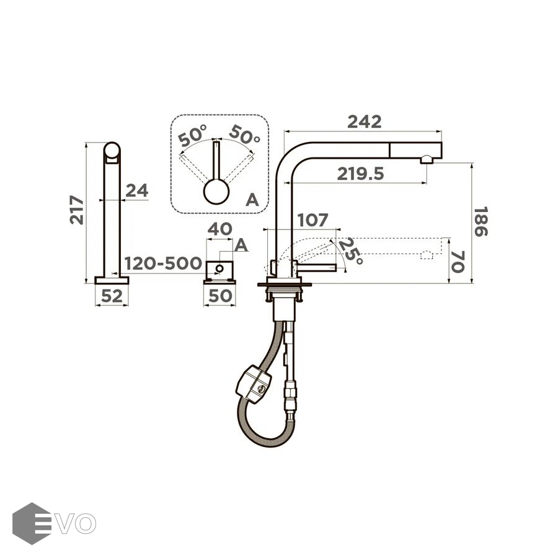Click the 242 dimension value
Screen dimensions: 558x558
[364, 122]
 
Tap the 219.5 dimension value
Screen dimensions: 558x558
[360, 174]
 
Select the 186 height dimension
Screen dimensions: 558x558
[480, 222]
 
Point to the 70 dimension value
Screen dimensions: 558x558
[458, 262]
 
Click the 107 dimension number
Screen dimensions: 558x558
[312, 220]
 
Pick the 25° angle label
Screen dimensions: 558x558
[350, 251]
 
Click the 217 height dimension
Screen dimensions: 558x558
[77, 210]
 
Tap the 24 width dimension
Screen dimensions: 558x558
[137, 191]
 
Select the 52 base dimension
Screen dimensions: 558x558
[112, 296]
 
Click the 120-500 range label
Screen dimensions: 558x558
[163, 263]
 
